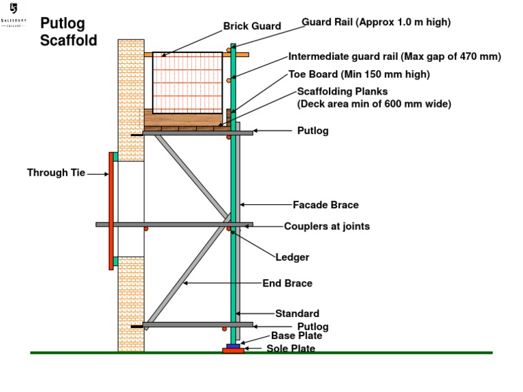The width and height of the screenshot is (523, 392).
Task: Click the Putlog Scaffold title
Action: pyautogui.click(x=68, y=32)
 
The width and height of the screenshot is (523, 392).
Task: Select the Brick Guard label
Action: pyautogui.click(x=252, y=27)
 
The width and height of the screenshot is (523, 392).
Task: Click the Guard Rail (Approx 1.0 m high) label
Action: pyautogui.click(x=376, y=22)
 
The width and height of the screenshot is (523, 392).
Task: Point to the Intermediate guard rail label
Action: pyautogui.click(x=394, y=57)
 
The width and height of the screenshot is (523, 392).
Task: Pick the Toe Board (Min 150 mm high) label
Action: pyautogui.click(x=359, y=74)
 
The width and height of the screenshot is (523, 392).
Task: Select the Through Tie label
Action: pyautogui.click(x=56, y=173)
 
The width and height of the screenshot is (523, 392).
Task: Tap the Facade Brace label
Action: pyautogui.click(x=326, y=205)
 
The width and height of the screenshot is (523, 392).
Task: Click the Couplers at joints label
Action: pyautogui.click(x=327, y=226)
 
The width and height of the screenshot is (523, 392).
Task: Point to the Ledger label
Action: pyautogui.click(x=292, y=257)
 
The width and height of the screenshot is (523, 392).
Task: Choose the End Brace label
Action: pyautogui.click(x=287, y=283)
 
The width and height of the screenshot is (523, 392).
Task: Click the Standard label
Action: pyautogui.click(x=297, y=314)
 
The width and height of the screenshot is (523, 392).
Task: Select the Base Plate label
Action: pyautogui.click(x=296, y=336)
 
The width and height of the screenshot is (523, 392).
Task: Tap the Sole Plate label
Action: pyautogui.click(x=291, y=349)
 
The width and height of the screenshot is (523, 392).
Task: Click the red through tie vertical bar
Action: pyautogui.click(x=111, y=211)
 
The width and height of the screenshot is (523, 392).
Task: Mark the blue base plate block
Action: pyautogui.click(x=233, y=345)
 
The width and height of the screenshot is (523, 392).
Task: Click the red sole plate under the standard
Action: pyautogui.click(x=233, y=350)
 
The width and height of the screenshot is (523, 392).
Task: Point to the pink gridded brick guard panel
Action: pyautogui.click(x=187, y=82)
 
